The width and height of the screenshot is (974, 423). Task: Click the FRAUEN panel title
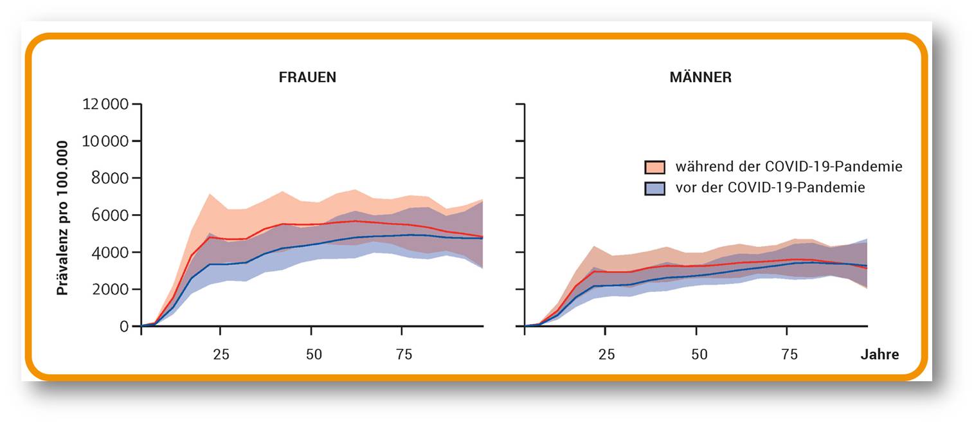(307, 77)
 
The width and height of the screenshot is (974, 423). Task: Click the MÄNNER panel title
(701, 77)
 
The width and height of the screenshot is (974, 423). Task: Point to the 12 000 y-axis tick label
(105, 104)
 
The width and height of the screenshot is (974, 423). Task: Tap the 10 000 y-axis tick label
(105, 141)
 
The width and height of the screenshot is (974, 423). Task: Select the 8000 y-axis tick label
(110, 178)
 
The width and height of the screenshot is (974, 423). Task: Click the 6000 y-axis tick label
(110, 215)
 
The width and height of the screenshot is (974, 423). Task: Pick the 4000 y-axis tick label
(110, 252)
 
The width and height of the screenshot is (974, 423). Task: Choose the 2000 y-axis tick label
(110, 289)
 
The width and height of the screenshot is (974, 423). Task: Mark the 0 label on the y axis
(124, 327)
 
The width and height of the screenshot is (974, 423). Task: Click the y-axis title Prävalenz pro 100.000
(62, 218)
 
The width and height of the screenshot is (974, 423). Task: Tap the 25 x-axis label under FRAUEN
(221, 355)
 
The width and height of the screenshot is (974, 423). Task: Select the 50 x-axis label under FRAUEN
(314, 355)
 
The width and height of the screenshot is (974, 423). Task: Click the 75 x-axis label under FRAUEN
(404, 355)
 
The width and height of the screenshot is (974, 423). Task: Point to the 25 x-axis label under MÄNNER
(606, 355)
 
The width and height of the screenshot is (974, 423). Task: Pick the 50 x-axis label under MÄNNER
(699, 355)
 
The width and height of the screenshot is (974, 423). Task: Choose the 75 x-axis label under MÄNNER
(789, 355)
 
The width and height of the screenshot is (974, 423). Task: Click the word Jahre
(879, 355)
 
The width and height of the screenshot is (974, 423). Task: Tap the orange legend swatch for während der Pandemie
(655, 167)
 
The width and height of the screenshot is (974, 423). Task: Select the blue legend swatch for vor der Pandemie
(655, 188)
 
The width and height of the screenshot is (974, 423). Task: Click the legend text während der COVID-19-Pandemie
(789, 166)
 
